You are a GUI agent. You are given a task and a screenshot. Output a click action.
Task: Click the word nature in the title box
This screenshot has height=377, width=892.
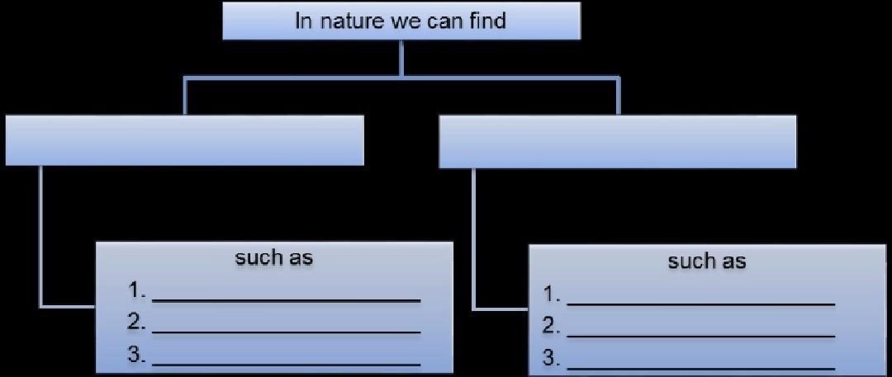349,21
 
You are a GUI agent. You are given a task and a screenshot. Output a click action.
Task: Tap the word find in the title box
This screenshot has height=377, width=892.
488,20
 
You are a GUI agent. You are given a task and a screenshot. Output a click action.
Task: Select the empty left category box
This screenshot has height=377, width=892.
184,140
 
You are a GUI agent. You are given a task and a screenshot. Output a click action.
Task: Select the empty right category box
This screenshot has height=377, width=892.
617,142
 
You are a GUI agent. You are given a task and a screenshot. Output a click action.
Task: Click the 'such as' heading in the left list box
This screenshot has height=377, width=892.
274,257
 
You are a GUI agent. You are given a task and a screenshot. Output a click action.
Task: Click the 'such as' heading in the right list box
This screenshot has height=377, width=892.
706,262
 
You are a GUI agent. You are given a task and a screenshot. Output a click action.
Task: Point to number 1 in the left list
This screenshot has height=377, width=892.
136,290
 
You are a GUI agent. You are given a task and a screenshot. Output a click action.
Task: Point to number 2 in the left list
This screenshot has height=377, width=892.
136,323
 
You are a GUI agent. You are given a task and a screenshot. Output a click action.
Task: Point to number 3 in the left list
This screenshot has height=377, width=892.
136,356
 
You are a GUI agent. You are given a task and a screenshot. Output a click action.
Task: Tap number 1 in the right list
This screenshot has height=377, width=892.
551,295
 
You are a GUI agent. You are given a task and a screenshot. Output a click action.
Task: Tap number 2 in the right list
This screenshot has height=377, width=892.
551,327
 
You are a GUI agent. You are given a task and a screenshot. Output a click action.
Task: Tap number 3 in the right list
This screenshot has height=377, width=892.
551,359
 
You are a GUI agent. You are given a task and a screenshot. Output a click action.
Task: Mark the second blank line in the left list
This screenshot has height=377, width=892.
287,332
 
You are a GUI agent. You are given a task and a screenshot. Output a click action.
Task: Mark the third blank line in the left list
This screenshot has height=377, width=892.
287,364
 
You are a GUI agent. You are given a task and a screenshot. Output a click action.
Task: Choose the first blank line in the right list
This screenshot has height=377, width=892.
701,304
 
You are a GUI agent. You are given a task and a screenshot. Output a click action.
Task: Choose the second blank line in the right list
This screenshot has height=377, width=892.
701,336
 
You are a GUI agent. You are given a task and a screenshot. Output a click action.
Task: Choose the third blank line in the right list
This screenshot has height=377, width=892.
701,368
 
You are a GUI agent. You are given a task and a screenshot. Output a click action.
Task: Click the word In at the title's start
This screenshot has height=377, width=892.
304,21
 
